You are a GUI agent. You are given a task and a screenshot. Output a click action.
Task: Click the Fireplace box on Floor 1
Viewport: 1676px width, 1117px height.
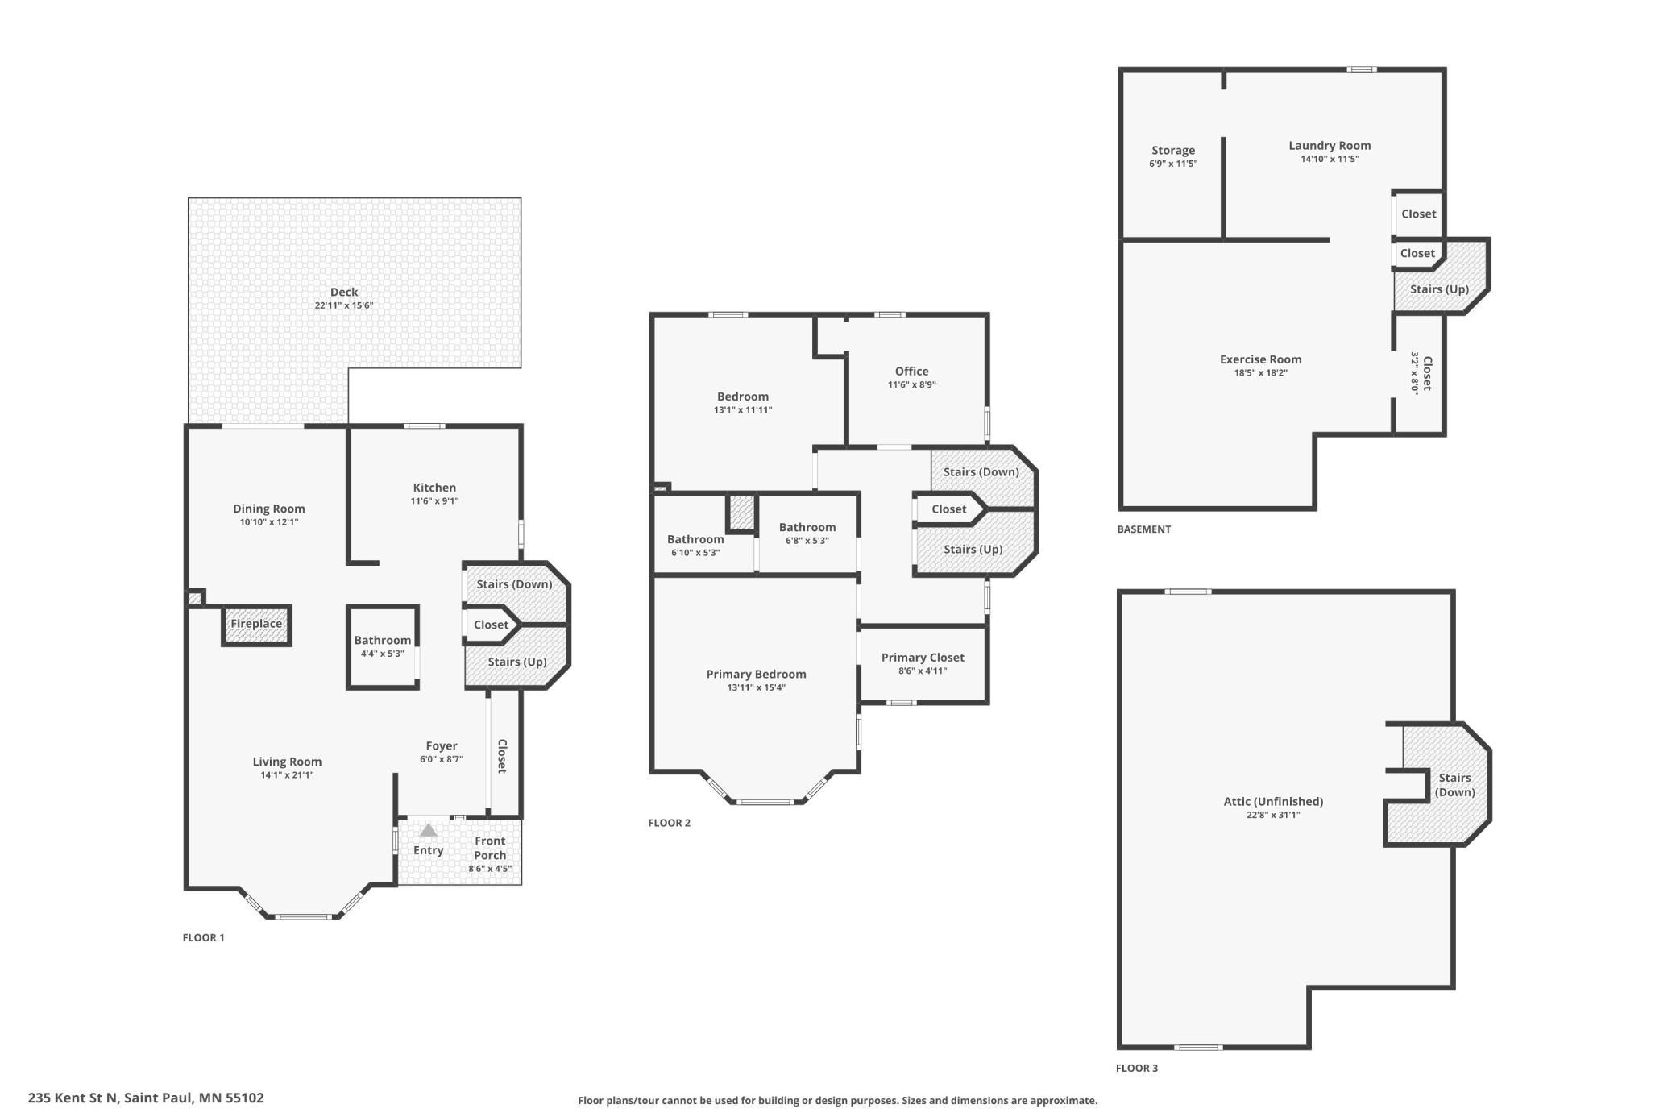click(256, 625)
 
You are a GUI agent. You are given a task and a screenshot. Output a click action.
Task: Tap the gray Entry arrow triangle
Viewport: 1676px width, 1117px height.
click(429, 830)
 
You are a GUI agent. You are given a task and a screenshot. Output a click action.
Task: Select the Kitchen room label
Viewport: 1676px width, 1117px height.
click(434, 488)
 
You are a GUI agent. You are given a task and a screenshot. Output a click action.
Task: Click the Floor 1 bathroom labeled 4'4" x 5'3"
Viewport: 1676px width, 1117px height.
click(383, 647)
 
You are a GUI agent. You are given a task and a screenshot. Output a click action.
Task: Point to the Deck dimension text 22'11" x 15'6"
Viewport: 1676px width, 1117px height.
click(344, 305)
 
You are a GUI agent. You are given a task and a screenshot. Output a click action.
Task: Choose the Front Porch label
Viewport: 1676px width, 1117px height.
click(490, 848)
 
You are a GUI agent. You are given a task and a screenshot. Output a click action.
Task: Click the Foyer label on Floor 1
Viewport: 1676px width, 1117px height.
click(442, 746)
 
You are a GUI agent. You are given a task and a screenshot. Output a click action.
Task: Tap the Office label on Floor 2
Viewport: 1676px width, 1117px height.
click(912, 372)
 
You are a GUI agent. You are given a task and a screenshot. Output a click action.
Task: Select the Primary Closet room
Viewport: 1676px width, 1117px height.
click(923, 664)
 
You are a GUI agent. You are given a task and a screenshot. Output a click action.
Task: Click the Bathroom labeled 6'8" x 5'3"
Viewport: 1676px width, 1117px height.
click(807, 533)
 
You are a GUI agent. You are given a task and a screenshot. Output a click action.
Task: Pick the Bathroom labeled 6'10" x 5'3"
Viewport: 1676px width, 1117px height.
click(695, 545)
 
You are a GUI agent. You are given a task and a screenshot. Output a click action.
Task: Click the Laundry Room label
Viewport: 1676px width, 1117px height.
click(1330, 146)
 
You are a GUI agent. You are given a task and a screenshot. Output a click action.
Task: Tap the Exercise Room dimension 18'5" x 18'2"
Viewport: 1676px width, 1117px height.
click(1261, 373)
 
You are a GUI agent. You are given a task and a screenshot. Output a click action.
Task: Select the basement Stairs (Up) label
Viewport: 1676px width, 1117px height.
click(1439, 289)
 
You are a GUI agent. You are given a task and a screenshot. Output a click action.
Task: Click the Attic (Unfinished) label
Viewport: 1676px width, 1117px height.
click(1273, 802)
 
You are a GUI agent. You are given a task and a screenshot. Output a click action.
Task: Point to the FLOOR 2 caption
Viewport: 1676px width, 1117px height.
click(670, 823)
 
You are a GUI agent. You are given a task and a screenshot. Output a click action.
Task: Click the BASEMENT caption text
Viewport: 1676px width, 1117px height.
click(1144, 529)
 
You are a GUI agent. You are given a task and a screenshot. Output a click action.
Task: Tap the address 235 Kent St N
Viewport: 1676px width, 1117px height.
click(73, 1098)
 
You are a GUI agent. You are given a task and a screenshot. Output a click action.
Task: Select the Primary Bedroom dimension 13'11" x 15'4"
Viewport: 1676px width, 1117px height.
click(756, 688)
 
